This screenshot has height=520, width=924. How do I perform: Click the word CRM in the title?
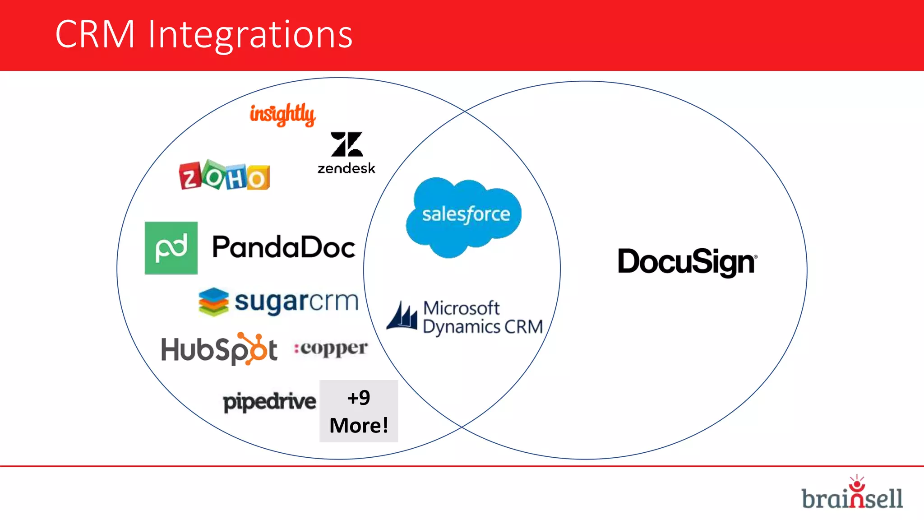[95, 34]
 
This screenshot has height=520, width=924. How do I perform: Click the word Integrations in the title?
[250, 35]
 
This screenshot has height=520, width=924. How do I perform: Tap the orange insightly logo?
[282, 114]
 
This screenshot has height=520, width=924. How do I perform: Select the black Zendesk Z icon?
[346, 144]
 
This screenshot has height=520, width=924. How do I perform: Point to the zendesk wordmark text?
[346, 169]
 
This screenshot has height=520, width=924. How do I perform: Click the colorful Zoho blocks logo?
[224, 176]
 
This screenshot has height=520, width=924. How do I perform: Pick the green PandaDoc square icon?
[171, 248]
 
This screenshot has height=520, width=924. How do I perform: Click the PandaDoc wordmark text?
[284, 247]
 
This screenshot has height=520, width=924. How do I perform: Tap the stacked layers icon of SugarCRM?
[213, 302]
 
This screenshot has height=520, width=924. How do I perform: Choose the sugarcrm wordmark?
[296, 301]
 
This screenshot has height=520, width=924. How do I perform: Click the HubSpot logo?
[219, 349]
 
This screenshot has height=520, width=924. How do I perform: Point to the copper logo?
[331, 348]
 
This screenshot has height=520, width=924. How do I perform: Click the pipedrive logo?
[269, 401]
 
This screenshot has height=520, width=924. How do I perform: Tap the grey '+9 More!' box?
[359, 411]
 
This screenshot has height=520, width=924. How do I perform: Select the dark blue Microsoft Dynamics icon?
[402, 316]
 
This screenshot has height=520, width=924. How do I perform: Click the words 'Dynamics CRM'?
[483, 327]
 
